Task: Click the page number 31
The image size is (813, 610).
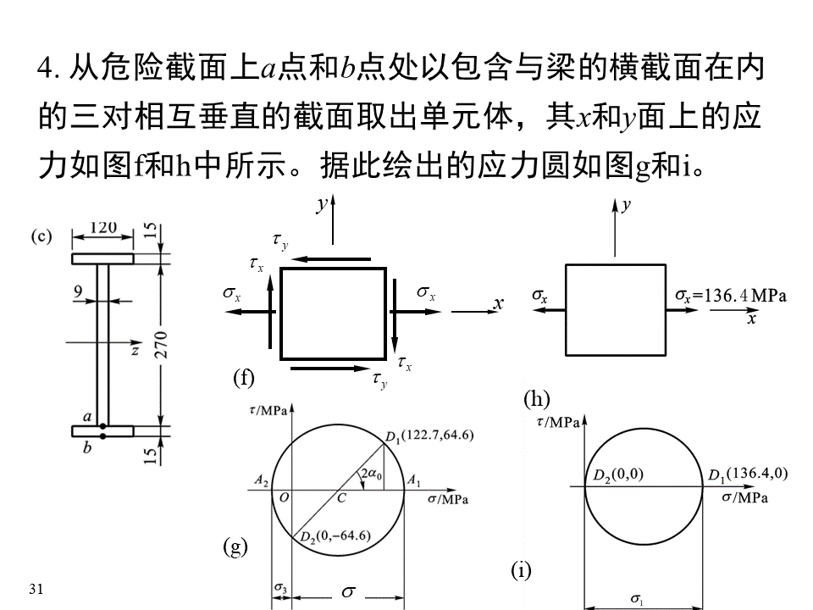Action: coord(35,588)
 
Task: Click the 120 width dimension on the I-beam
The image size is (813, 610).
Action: coord(102,229)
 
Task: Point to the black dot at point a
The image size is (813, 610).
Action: coord(102,425)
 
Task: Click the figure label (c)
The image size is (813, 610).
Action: coord(42,236)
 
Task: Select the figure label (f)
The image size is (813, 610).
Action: coord(244,378)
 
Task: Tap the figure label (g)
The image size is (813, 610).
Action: coord(235,547)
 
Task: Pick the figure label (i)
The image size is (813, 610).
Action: coord(520,571)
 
